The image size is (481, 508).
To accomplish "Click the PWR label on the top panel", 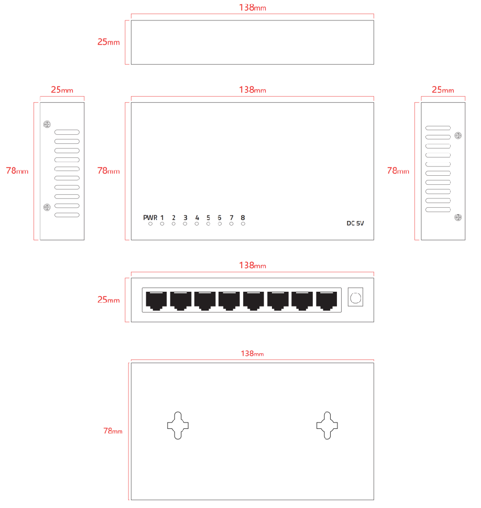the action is tap(150, 218).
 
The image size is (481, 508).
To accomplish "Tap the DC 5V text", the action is tap(355, 223).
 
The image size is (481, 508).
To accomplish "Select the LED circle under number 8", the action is tap(243, 224).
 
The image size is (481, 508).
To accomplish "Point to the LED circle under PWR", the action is tap(150, 224).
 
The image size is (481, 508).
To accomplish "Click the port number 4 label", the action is tap(197, 218).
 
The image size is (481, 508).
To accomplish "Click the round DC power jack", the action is tap(355, 298).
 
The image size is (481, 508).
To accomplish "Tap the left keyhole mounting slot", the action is tap(178, 426).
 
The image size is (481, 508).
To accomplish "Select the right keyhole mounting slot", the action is tap(327, 426).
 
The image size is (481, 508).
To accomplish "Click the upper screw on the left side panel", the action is tap(47, 124).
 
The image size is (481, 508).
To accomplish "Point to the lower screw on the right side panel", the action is tap(458, 217).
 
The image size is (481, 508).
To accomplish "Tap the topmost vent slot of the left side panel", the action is tap(67, 132).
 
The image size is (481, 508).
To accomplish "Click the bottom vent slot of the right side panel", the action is tap(438, 209).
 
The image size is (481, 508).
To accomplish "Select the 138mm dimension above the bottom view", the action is tap(253, 354).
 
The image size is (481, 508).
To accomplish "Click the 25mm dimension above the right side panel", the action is tap(443, 90).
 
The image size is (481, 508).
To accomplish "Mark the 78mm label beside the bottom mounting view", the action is tap(113, 431).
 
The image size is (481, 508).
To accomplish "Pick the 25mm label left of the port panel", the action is tap(108, 300).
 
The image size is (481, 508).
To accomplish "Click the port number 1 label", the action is tap(162, 218).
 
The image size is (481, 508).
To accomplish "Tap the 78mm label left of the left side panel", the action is tap(17, 171).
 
